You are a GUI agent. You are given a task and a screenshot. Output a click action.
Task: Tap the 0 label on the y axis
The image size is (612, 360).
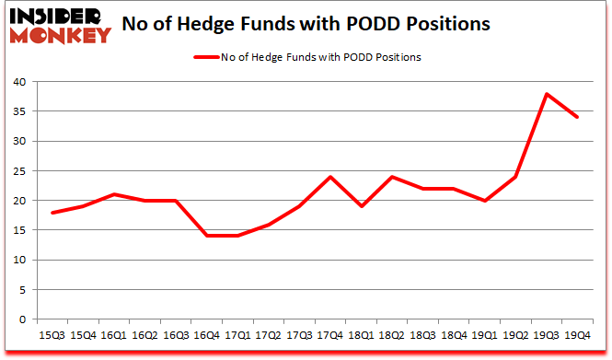pos(22,319)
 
